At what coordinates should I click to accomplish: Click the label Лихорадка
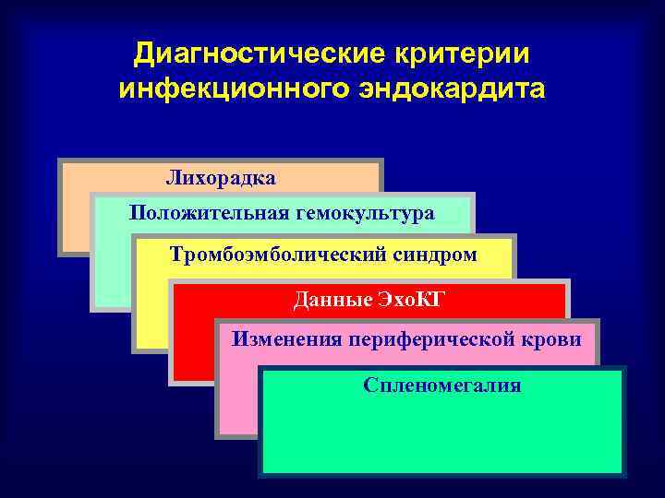221,174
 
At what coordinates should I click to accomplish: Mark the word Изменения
285,339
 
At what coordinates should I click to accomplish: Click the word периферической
441,339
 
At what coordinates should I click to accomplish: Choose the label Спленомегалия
441,385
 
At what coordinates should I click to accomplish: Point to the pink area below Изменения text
238,397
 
